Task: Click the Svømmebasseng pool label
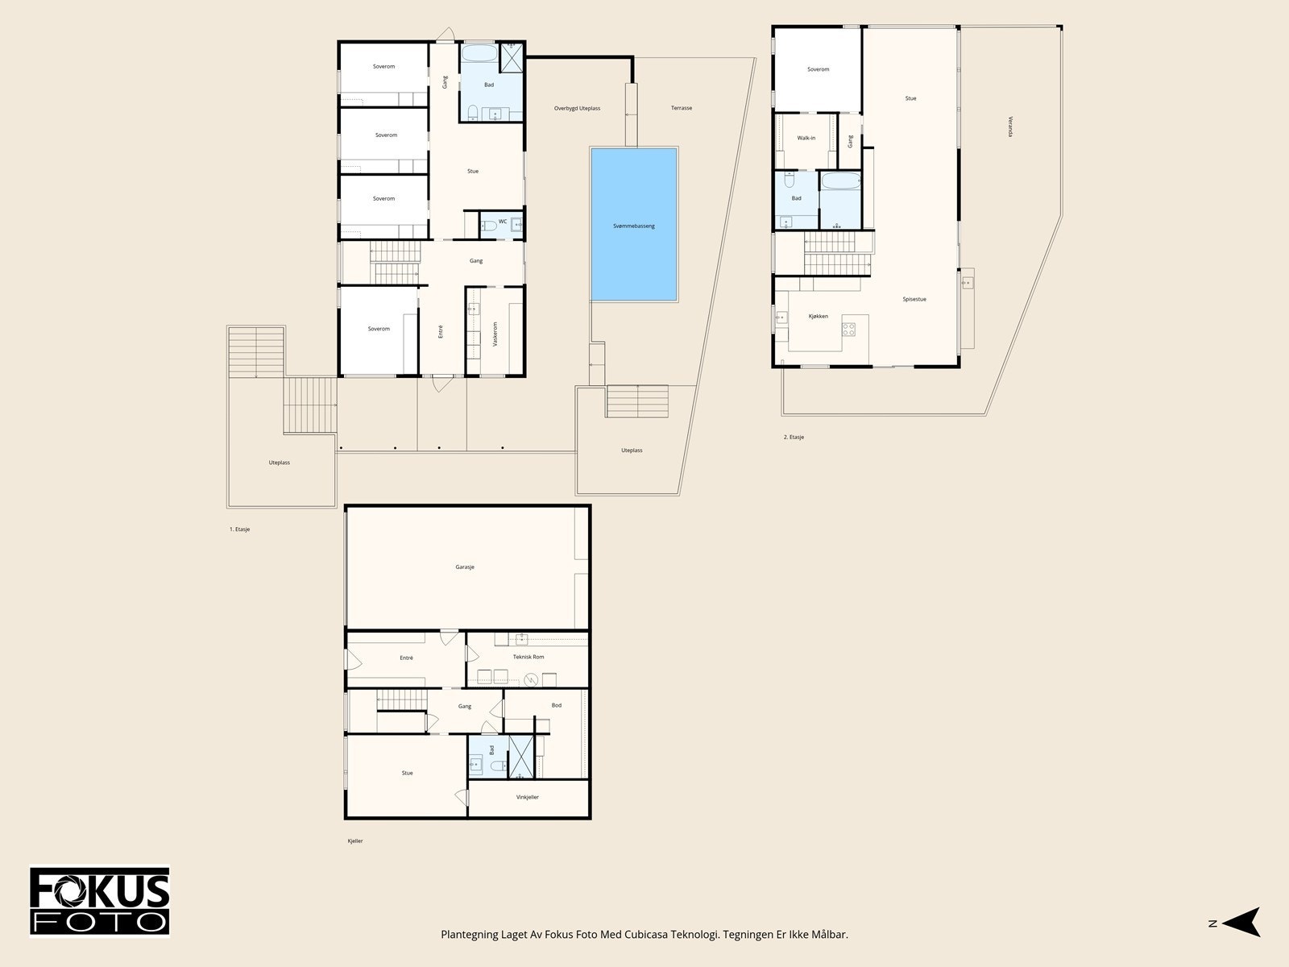[634, 226]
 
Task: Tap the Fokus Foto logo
[100, 901]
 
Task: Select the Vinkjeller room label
[528, 797]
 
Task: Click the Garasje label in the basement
[465, 567]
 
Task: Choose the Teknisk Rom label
[528, 657]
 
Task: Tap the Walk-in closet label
[806, 138]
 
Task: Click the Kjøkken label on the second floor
[818, 317]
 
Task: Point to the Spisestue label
[914, 300]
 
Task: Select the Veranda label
[1010, 127]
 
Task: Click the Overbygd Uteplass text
[577, 109]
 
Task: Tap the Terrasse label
[682, 108]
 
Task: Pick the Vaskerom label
[495, 334]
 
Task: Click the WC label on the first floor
[503, 222]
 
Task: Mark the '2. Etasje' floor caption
[794, 437]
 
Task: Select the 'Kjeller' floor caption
[355, 840]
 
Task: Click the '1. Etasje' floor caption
[239, 529]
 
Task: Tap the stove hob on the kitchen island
[848, 330]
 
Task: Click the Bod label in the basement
[556, 705]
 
